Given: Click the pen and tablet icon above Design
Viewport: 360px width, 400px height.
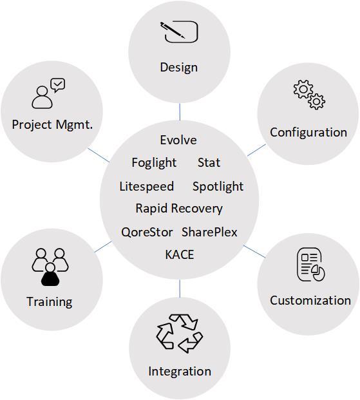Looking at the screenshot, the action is coord(179,32).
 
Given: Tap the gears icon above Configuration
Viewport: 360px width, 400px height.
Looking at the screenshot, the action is coord(309,95).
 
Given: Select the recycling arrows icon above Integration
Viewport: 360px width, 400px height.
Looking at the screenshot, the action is coord(180,334).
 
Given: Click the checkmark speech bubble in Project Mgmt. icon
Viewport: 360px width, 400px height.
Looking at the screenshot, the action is coord(58,84).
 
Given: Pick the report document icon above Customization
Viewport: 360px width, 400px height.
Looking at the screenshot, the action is coord(310,265).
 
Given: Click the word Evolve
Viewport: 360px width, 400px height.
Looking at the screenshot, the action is coord(178,140).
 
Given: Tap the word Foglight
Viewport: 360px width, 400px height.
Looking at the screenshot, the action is coord(154,163).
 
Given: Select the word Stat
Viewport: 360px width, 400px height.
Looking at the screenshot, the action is coord(209,163).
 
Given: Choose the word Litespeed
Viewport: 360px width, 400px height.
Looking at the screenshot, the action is coord(147,187).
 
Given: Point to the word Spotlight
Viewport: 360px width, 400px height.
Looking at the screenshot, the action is coord(218,187).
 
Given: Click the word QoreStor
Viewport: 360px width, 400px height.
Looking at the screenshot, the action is coord(147,232).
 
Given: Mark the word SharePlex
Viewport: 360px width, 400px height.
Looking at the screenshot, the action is coord(209,232).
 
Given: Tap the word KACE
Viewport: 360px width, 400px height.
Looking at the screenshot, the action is coord(180,254).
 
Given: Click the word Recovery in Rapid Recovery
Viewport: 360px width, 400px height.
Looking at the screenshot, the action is coord(196,209).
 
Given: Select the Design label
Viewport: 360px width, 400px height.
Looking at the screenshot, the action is coord(179,68).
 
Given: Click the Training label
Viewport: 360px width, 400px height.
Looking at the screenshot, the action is coord(50,302).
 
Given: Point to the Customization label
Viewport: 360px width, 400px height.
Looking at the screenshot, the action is coord(310,301).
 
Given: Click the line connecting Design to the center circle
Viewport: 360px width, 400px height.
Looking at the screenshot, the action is coord(180,111).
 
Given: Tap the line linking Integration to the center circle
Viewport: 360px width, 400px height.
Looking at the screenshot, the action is coord(180,289).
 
